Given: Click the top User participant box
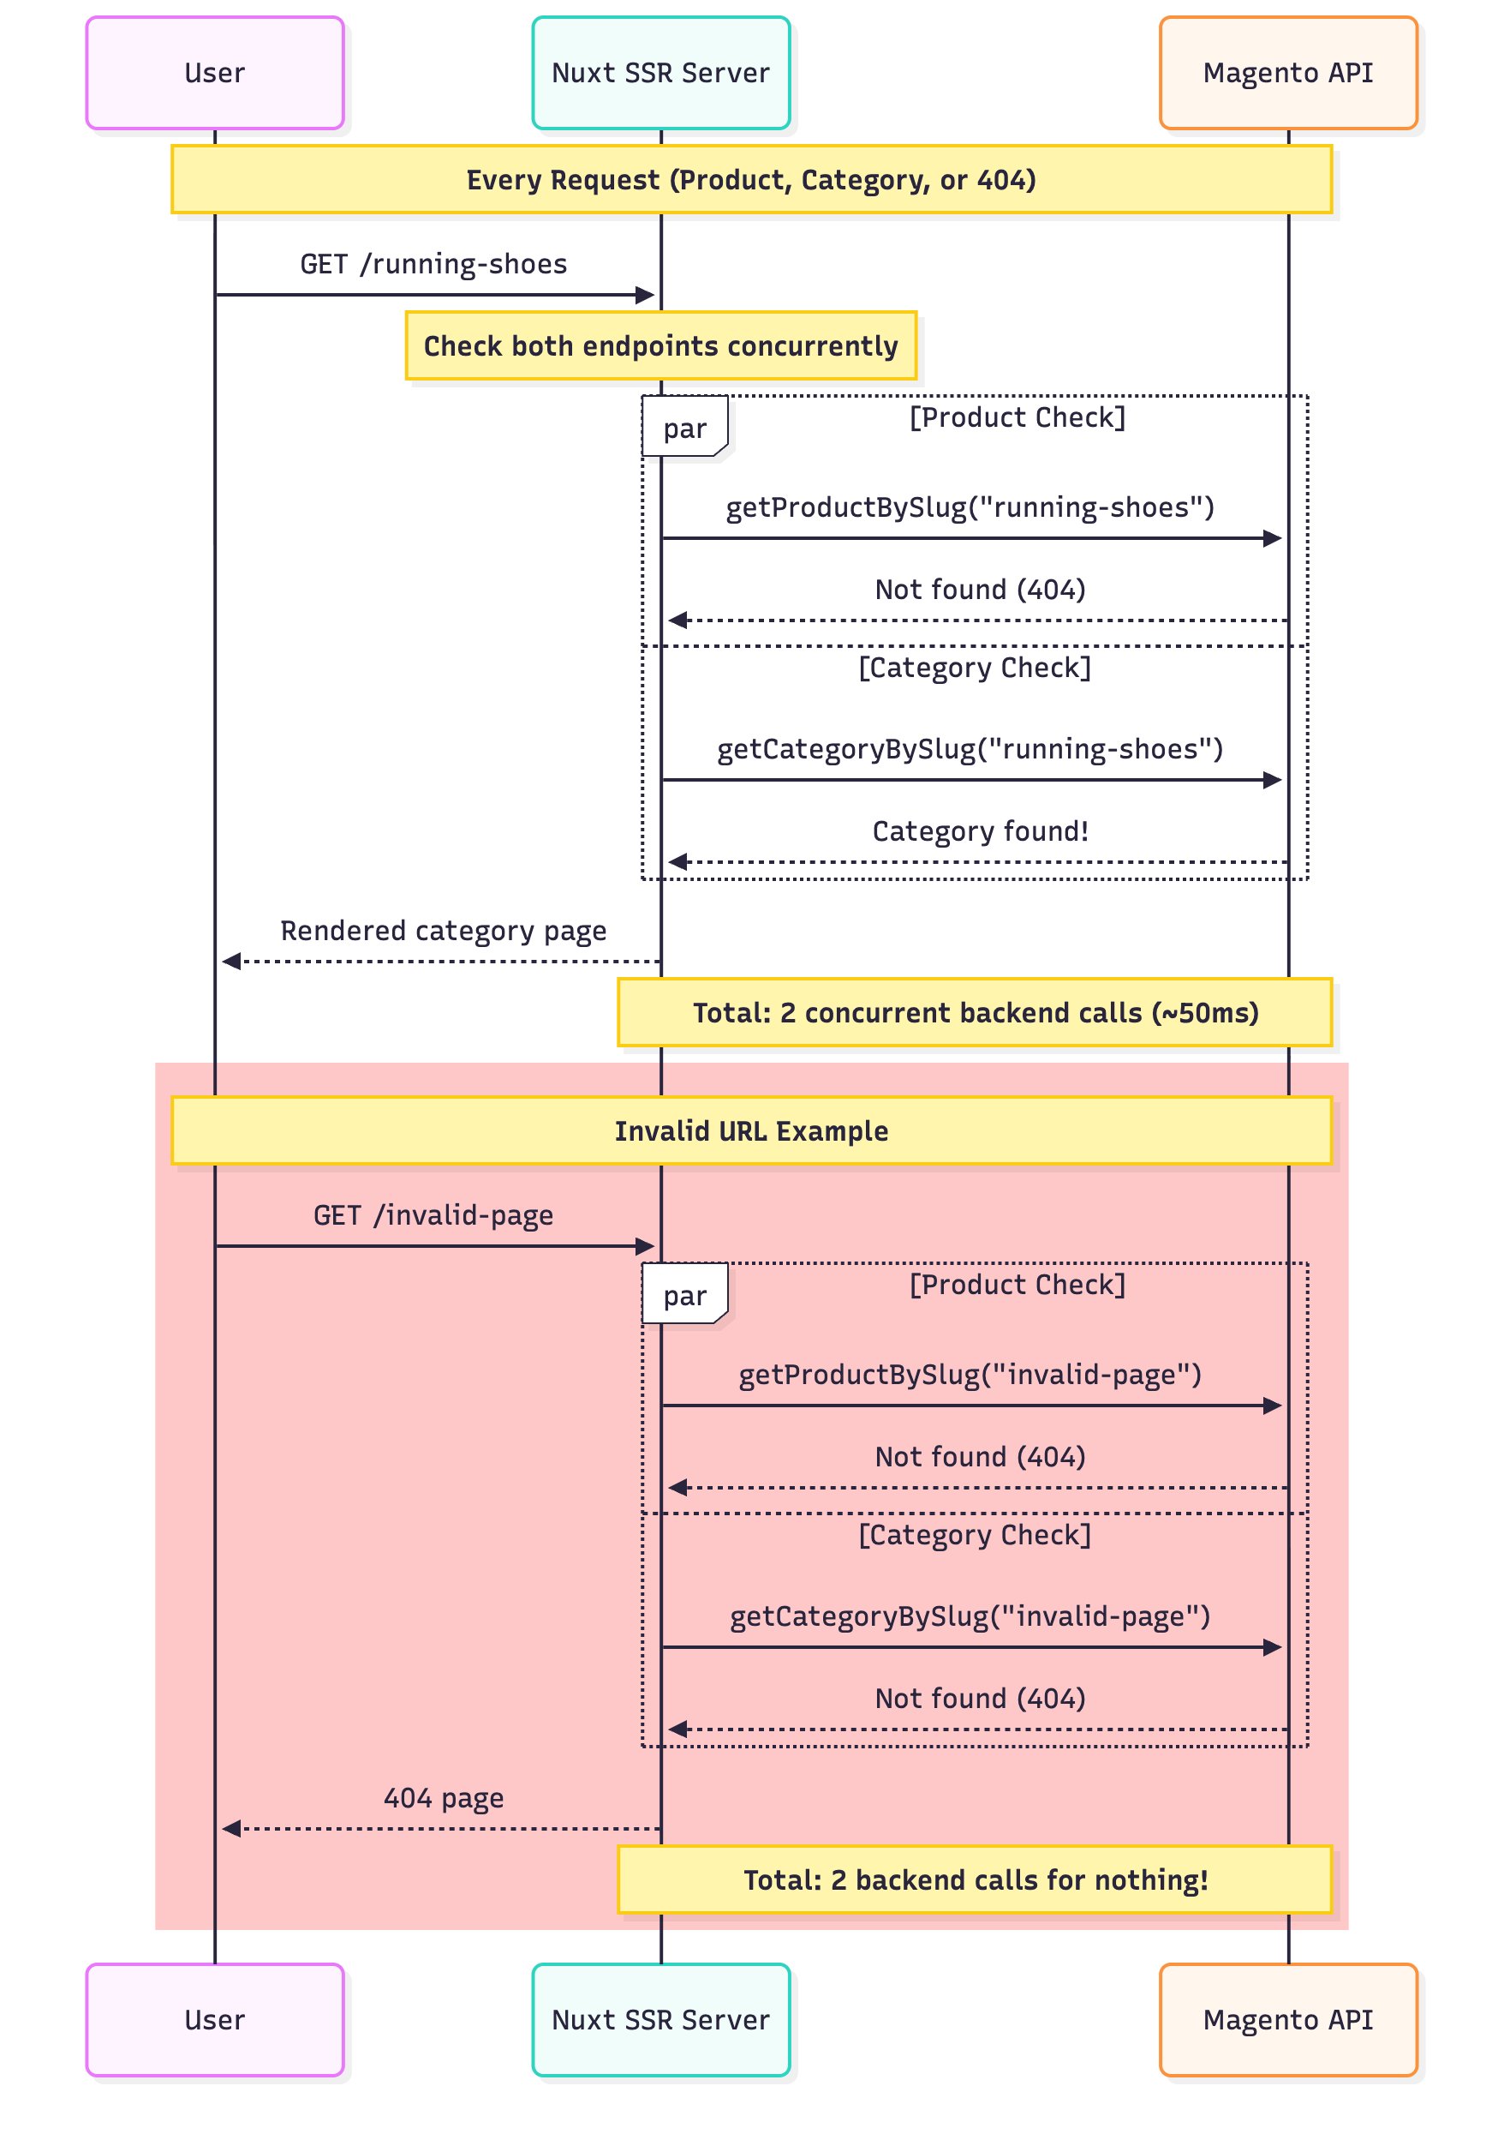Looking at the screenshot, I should click(215, 73).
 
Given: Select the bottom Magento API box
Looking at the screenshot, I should click(1287, 2019).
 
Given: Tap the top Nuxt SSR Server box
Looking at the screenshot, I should click(660, 73).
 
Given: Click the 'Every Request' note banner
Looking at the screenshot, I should click(751, 179).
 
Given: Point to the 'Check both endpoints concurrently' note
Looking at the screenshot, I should click(660, 346).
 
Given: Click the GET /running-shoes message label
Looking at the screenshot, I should click(433, 265).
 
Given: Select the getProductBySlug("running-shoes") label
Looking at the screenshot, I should click(970, 507).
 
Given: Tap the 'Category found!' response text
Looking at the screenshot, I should click(980, 831).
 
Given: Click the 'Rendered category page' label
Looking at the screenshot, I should click(443, 931).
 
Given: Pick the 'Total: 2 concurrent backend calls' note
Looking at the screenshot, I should click(975, 1012).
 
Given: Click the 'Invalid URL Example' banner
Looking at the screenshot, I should click(751, 1131).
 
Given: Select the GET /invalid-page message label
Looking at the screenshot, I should click(433, 1215).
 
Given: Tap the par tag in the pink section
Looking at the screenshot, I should click(684, 1296).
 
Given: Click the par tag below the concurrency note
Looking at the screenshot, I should click(684, 428).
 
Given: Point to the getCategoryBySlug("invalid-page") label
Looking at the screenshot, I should click(970, 1616).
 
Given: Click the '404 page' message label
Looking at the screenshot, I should click(443, 1797).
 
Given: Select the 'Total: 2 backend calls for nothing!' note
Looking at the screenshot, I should click(975, 1879).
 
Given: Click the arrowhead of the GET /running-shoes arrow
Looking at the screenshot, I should click(645, 296).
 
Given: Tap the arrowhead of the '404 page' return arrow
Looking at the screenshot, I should click(231, 1828).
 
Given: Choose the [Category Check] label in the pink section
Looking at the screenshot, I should click(975, 1535).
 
